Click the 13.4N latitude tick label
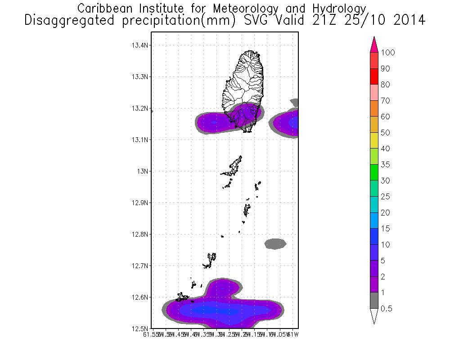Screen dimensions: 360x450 [x=140, y=45]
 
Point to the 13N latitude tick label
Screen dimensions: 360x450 [x=144, y=171]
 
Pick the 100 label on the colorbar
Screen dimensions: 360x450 [x=388, y=53]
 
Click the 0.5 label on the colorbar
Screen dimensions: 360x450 [x=387, y=309]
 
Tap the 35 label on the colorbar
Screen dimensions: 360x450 [x=385, y=165]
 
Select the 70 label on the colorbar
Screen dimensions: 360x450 [x=385, y=101]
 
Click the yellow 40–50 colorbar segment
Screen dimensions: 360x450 [x=373, y=141]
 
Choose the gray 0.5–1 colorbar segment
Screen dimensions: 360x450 [x=373, y=301]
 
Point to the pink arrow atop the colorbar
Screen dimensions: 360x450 [x=373, y=45]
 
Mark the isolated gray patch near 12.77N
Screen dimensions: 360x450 [x=275, y=243]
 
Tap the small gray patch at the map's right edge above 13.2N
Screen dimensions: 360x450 [x=294, y=102]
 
